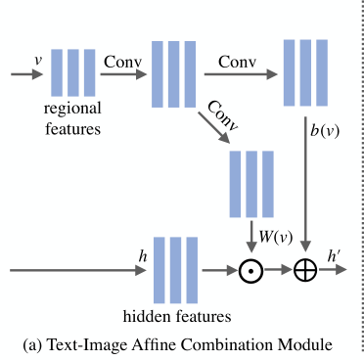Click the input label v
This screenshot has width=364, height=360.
[x=38, y=60]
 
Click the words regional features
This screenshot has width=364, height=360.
[x=74, y=115]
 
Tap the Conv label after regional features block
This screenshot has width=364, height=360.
[x=123, y=60]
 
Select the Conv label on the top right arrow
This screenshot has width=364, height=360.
[x=238, y=60]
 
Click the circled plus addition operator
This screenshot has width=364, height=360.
[x=306, y=271]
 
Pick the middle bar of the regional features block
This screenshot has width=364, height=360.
[x=74, y=72]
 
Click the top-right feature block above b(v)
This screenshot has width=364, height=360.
[x=306, y=72]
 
